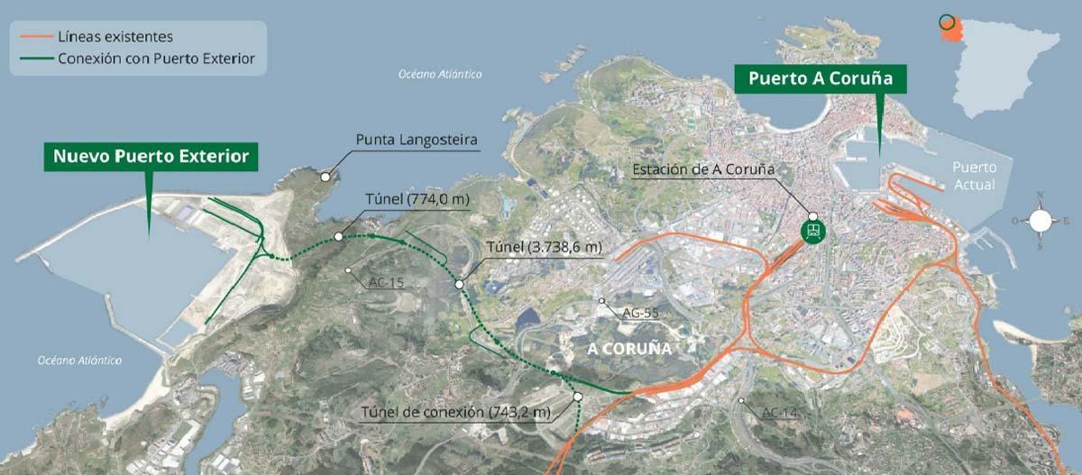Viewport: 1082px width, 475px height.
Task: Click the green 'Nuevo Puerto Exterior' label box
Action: (151, 157)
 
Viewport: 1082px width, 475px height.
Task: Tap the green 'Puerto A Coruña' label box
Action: (820, 78)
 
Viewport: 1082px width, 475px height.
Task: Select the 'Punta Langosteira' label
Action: (417, 140)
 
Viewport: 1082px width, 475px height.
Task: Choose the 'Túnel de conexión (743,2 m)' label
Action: (455, 412)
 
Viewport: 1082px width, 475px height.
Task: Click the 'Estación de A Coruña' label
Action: (704, 169)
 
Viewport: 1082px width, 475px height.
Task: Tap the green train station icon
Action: (813, 231)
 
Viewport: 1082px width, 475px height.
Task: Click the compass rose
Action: (1041, 220)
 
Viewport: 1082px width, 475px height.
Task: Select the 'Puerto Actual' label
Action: (975, 177)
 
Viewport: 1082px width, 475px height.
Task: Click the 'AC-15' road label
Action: (386, 282)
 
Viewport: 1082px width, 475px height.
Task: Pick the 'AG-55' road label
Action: (640, 313)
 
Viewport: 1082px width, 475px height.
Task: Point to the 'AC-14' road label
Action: (779, 413)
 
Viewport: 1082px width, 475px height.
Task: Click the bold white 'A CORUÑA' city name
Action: (630, 347)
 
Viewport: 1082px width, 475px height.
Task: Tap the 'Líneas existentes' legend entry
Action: (115, 37)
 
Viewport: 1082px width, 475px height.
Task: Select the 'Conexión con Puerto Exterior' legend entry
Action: (156, 59)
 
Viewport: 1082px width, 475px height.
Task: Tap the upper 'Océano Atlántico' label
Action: (441, 74)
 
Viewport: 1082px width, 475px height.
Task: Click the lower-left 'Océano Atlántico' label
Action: (79, 360)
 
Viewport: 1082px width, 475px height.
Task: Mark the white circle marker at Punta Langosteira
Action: (325, 178)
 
